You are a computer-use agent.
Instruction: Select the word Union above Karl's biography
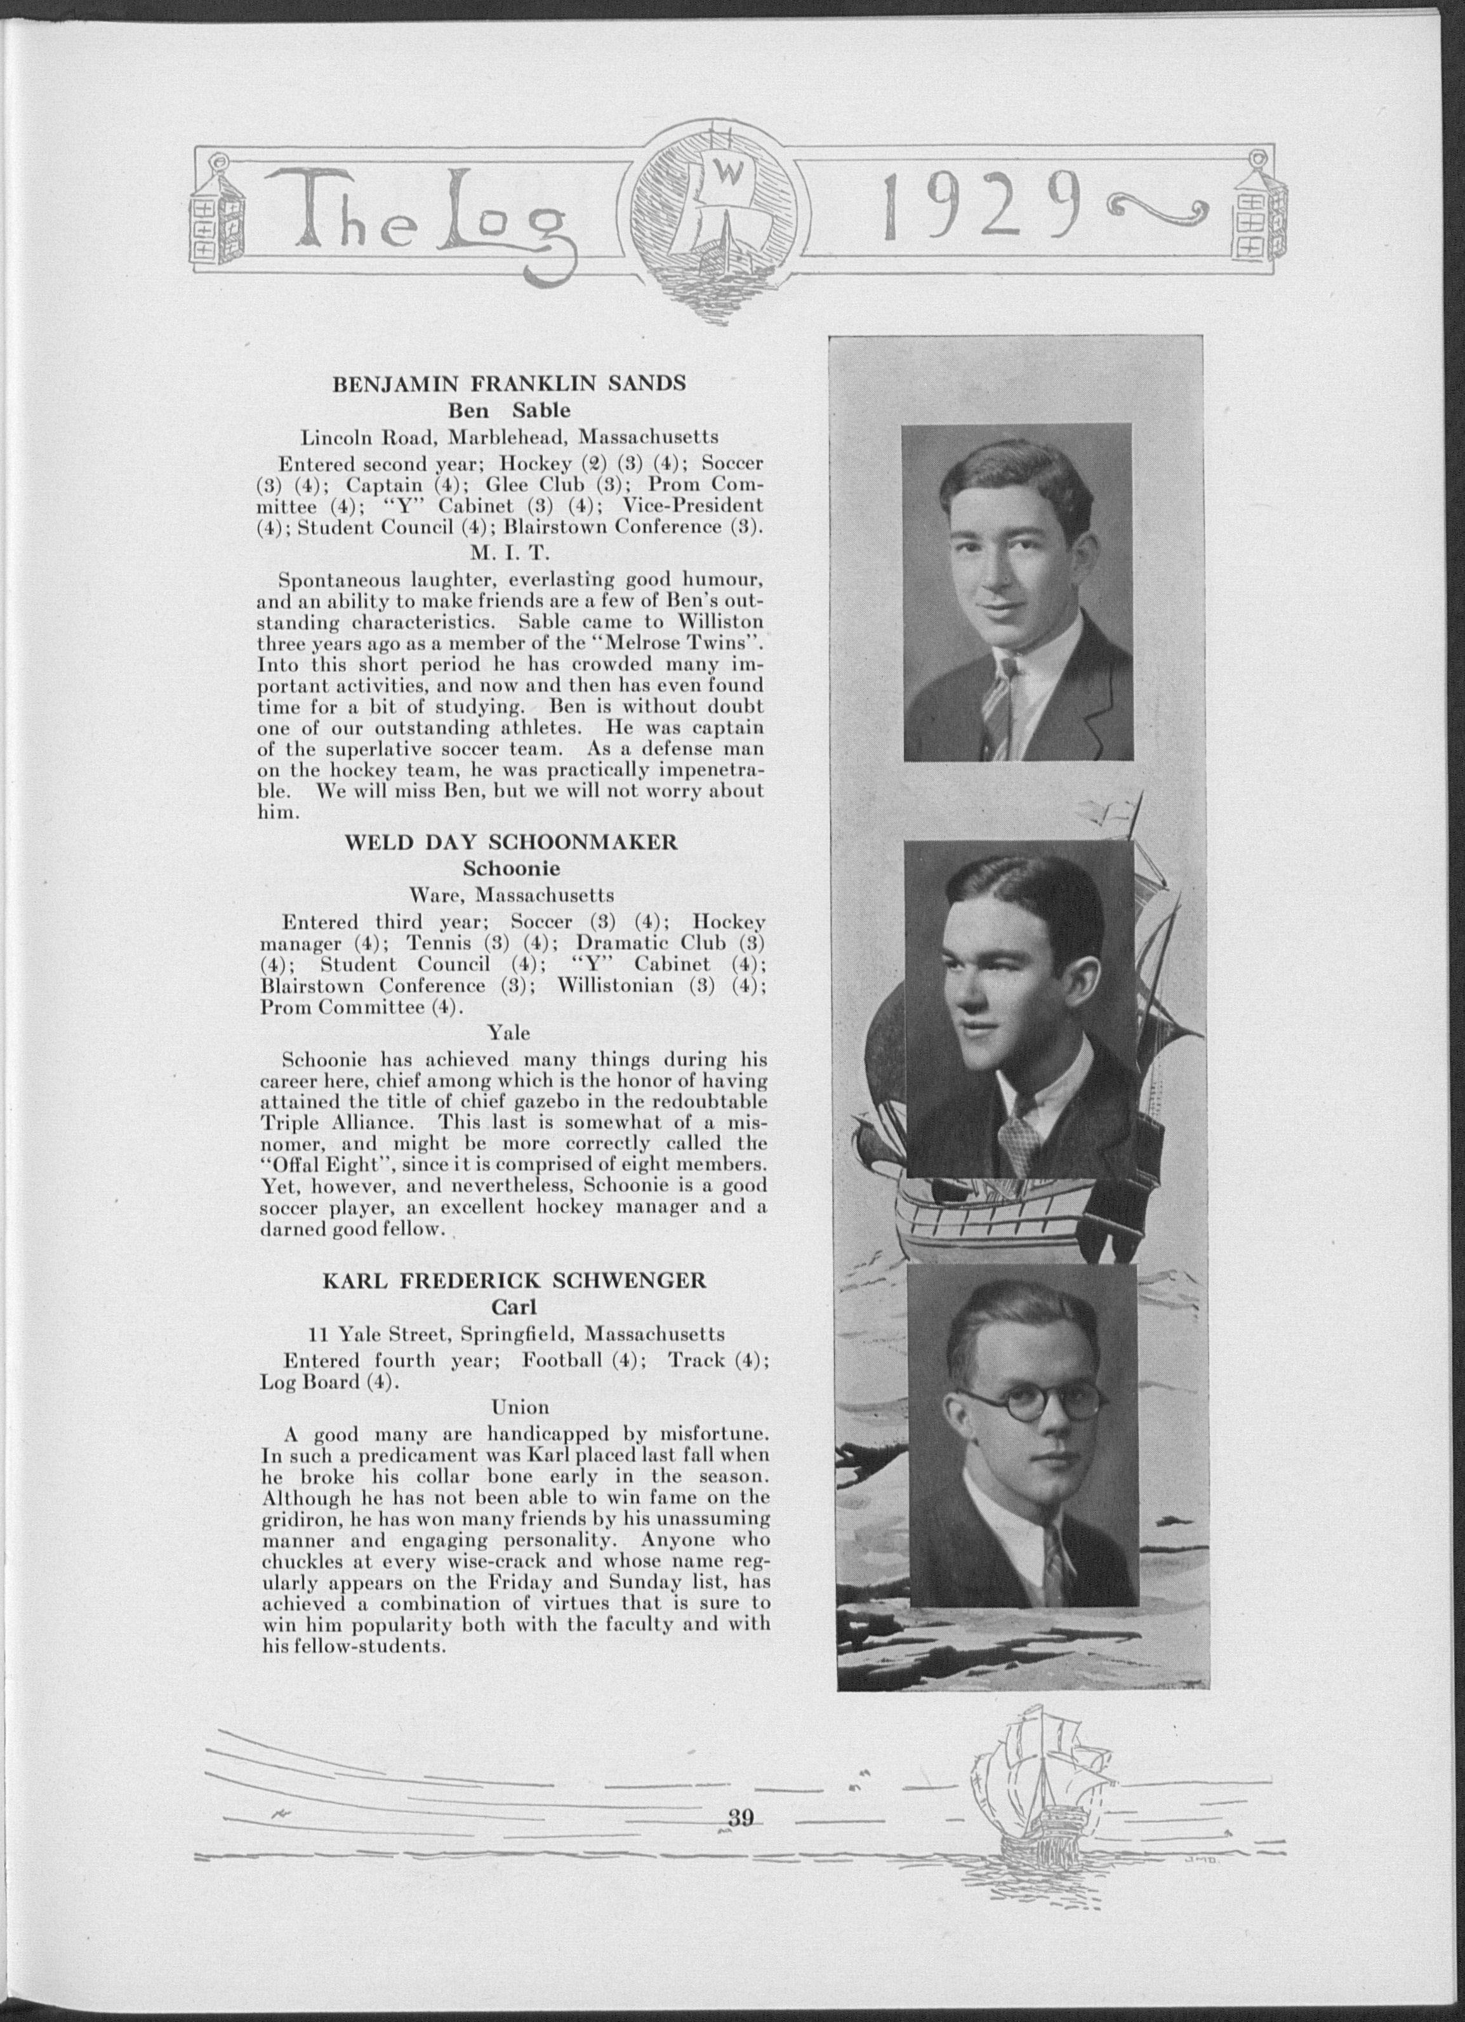click(520, 1406)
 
